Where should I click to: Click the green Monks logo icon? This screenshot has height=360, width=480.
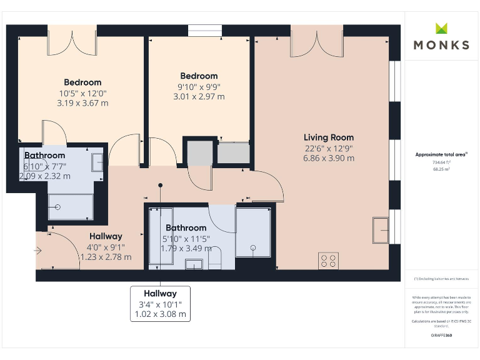442,28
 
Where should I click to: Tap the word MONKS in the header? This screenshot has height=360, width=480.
441,45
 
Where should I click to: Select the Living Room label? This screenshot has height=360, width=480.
329,137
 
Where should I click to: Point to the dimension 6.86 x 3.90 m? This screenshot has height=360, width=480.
329,158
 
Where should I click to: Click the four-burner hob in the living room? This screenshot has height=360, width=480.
329,260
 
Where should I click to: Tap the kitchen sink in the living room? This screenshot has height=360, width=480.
381,229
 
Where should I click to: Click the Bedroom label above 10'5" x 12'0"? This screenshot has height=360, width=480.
82,82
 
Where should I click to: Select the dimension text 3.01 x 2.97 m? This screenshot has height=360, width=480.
199,97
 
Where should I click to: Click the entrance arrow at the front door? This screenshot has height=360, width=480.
38,251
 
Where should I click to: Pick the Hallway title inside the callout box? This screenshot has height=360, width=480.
160,293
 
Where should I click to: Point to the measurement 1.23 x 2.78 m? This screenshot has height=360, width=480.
106,257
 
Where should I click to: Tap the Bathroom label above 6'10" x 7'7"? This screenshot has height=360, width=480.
44,156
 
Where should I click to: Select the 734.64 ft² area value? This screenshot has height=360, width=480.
441,161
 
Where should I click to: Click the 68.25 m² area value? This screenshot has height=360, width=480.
441,168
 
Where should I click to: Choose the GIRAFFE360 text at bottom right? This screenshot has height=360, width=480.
441,336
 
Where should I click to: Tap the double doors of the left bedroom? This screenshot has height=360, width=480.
72,41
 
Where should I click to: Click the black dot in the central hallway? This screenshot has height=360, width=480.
161,185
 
